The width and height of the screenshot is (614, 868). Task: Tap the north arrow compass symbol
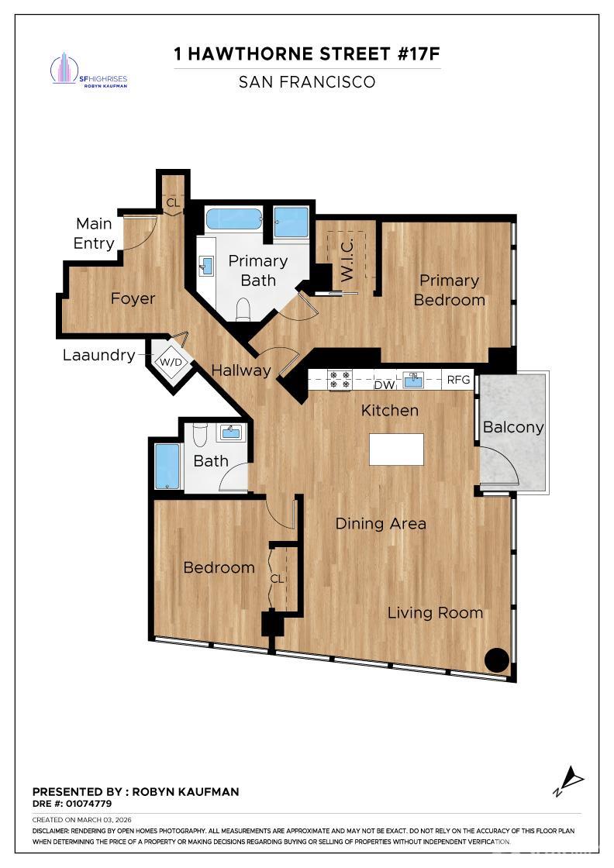click(x=569, y=780)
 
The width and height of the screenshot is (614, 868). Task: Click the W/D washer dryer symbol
click(x=171, y=361)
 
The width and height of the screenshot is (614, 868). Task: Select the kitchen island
click(x=396, y=449)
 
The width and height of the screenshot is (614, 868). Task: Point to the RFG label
click(x=458, y=380)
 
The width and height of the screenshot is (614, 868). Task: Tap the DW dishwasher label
click(x=384, y=385)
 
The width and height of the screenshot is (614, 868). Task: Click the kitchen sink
click(x=413, y=380)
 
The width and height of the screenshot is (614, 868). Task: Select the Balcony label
click(x=512, y=427)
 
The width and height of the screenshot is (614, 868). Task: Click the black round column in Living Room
click(x=496, y=660)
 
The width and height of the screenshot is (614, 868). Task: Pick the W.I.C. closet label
click(x=347, y=260)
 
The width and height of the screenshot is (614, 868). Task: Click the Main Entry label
click(x=94, y=233)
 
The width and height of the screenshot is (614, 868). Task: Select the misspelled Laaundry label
click(x=98, y=356)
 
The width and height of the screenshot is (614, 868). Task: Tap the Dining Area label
click(x=381, y=524)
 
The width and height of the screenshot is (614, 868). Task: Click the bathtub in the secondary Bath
click(x=167, y=465)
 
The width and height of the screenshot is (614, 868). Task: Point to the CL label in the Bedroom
click(x=277, y=578)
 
